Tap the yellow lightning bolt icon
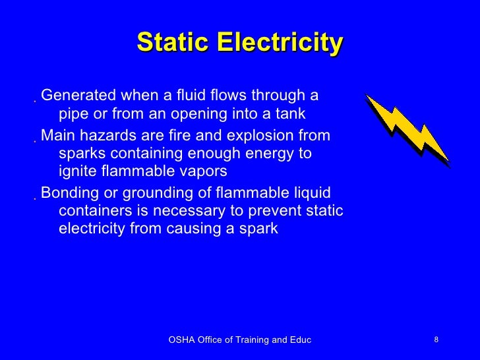pos(407,129)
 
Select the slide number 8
pos(436,340)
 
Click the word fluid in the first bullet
pos(202,96)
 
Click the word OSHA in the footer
pos(181,340)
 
